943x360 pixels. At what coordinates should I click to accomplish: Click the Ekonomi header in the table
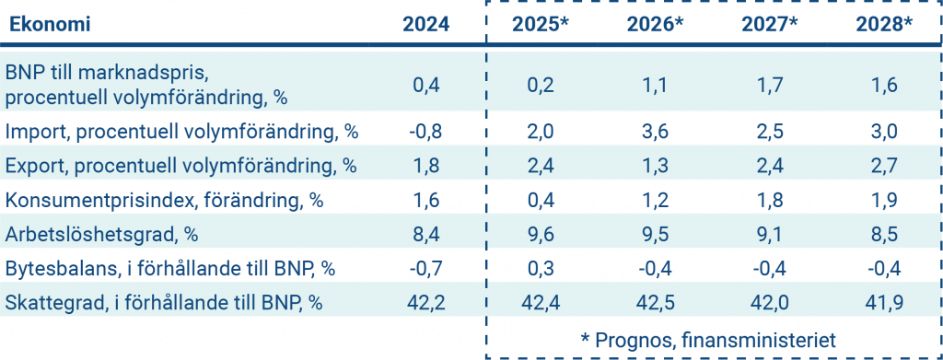pos(50,25)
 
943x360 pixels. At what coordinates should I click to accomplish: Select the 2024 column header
pos(426,25)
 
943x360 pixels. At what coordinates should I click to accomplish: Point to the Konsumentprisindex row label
pos(165,198)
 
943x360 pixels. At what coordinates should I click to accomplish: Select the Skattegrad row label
pos(165,301)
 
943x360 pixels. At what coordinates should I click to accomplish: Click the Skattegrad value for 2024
pos(426,302)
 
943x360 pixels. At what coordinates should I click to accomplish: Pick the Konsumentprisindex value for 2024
pos(426,199)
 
